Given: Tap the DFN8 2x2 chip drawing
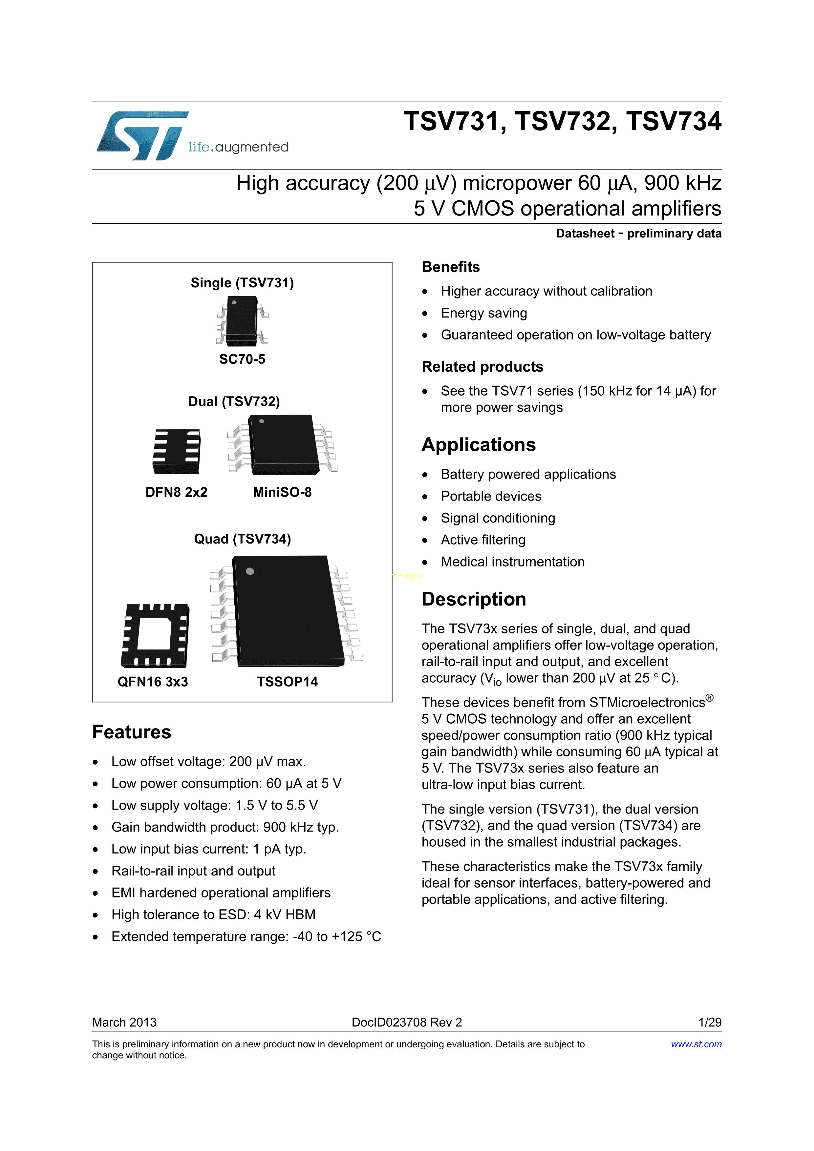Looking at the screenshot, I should (177, 451).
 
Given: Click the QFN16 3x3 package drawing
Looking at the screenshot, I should (155, 636).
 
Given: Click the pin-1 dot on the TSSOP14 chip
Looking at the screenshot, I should (250, 571).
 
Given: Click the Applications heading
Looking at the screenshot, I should (479, 445).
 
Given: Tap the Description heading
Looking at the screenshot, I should (473, 599).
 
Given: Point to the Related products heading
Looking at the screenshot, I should (482, 366).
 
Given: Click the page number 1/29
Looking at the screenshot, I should (710, 1022).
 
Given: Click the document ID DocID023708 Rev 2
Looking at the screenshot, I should (407, 1022).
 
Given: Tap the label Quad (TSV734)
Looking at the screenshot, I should (242, 539).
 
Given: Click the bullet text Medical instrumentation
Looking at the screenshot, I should (513, 562).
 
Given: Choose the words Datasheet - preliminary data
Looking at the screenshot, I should (638, 234).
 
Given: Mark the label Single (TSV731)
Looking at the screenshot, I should (242, 283).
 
